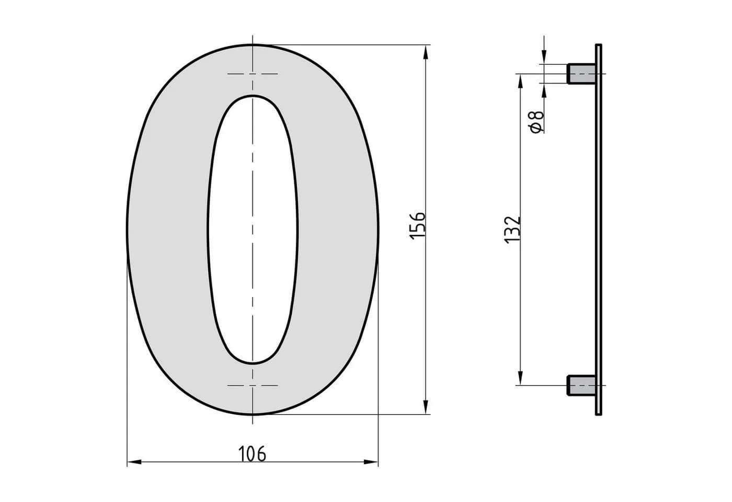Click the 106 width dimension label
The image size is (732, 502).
(x=252, y=454)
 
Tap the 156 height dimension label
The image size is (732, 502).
(x=417, y=226)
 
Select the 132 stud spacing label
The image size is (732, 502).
(x=512, y=230)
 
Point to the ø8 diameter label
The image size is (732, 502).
(x=536, y=121)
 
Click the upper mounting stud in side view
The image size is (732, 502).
(x=581, y=74)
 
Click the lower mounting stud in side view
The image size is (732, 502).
(x=581, y=385)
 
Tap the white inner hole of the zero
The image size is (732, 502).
(x=252, y=230)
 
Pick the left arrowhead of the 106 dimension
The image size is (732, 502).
(x=134, y=462)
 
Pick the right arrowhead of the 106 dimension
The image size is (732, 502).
(x=371, y=462)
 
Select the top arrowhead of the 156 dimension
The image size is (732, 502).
(x=426, y=52)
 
